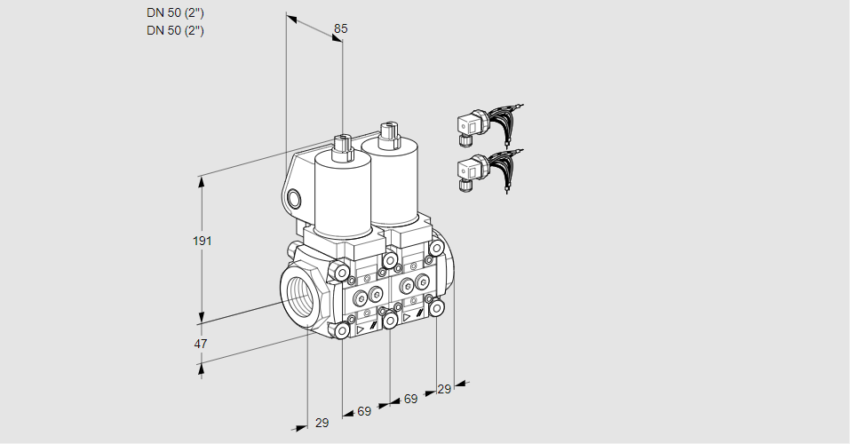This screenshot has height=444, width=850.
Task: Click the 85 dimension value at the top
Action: pyautogui.click(x=340, y=28)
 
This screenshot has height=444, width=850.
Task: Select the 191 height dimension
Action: pyautogui.click(x=204, y=241)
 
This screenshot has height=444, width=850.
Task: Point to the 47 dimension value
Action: pyautogui.click(x=201, y=344)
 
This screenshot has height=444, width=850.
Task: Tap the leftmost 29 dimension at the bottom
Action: pyautogui.click(x=322, y=423)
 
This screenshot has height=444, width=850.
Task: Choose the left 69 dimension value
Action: pyautogui.click(x=364, y=411)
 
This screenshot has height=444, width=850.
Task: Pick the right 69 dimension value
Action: pyautogui.click(x=410, y=399)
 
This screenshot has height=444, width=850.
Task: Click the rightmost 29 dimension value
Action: pyautogui.click(x=444, y=389)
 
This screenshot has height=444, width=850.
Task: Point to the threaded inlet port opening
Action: pyautogui.click(x=298, y=295)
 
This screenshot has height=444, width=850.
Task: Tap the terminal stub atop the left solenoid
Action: pyautogui.click(x=343, y=145)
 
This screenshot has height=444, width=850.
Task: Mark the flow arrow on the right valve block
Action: pyautogui.click(x=408, y=315)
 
